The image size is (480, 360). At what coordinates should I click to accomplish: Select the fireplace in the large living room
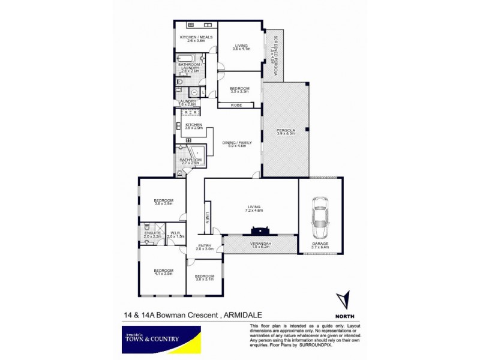click(259, 230)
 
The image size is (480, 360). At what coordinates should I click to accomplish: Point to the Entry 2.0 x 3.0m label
click(205, 247)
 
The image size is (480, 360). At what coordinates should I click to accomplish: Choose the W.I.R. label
click(176, 235)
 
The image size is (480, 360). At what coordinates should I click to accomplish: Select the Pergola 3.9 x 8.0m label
click(285, 131)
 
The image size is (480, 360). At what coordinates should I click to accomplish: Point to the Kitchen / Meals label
click(196, 39)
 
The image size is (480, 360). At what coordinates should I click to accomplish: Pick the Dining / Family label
click(233, 144)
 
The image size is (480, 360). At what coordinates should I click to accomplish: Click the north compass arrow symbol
click(343, 301)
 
